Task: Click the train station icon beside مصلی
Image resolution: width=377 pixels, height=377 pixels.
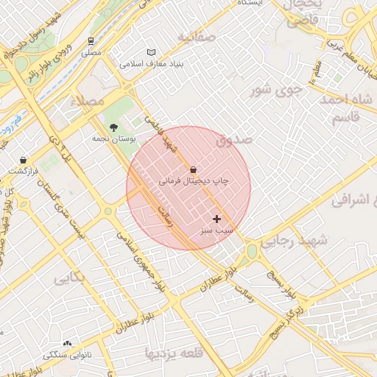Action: coord(91,41)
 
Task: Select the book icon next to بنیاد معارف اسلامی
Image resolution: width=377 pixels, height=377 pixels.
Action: coord(151,53)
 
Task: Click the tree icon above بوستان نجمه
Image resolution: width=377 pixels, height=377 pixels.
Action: coord(113,127)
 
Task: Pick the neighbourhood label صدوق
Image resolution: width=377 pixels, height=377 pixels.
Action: coord(234,138)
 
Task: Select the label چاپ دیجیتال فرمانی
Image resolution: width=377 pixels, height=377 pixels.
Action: coord(194,180)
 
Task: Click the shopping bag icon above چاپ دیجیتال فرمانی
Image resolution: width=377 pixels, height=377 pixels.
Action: coord(193,169)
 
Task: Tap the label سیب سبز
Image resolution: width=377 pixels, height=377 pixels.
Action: coord(216,230)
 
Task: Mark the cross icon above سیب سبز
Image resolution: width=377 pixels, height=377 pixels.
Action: coord(216,219)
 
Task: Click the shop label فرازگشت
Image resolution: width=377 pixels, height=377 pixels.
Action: coord(23,171)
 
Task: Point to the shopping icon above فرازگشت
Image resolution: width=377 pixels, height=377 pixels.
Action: coord(24,160)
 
